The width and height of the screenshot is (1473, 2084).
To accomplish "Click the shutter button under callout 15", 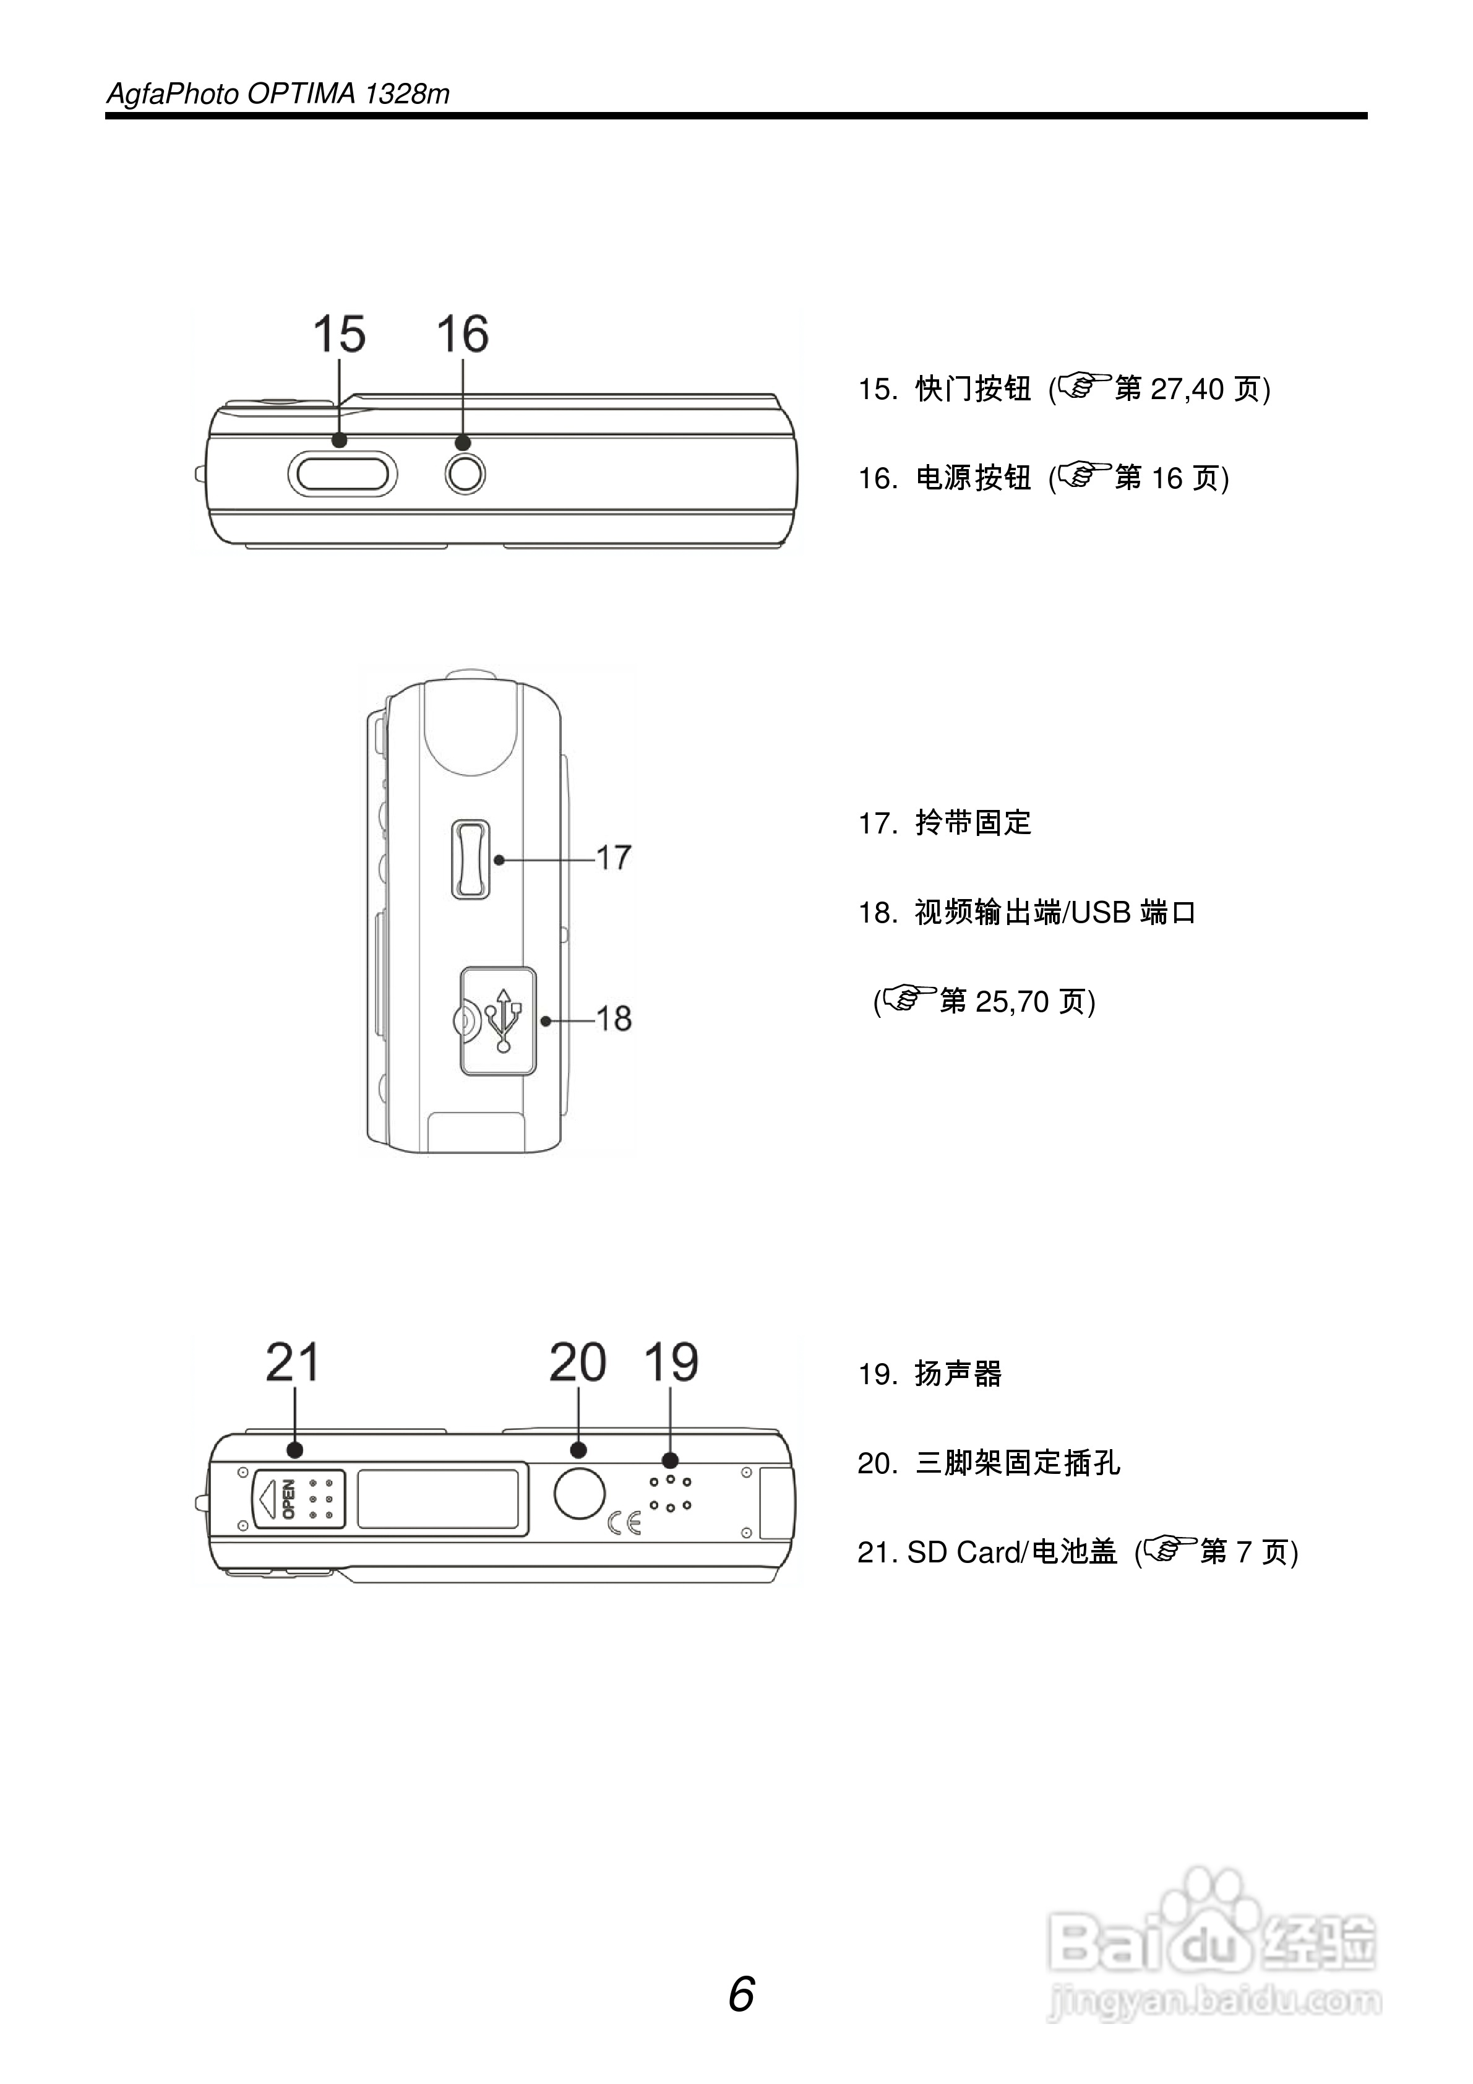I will coord(342,475).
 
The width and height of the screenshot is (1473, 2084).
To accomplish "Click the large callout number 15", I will coord(338,334).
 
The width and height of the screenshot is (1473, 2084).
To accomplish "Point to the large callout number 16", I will coord(462,334).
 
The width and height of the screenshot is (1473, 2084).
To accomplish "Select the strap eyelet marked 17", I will coord(470,859).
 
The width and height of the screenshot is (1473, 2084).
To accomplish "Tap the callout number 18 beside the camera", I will coord(614,1018).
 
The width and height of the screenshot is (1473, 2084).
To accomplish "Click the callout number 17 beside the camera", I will coord(614,858).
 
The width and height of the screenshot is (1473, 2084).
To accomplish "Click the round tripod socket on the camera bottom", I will coord(579,1493).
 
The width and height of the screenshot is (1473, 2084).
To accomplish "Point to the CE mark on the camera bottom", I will coord(624,1522).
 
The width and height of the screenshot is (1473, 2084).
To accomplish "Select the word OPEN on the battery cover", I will coord(289,1499).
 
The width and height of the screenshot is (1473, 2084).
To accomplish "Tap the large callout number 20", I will coord(577,1363).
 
